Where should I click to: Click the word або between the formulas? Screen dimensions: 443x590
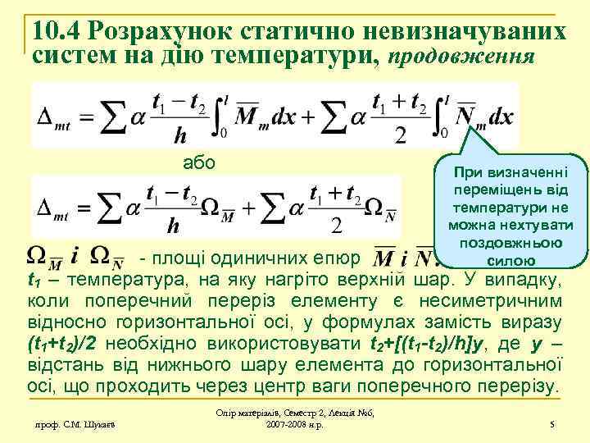(x=199, y=162)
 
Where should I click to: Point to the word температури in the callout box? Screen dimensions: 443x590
(x=511, y=207)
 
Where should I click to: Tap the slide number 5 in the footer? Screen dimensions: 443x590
(x=553, y=423)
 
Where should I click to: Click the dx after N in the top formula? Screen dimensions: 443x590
(x=499, y=116)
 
